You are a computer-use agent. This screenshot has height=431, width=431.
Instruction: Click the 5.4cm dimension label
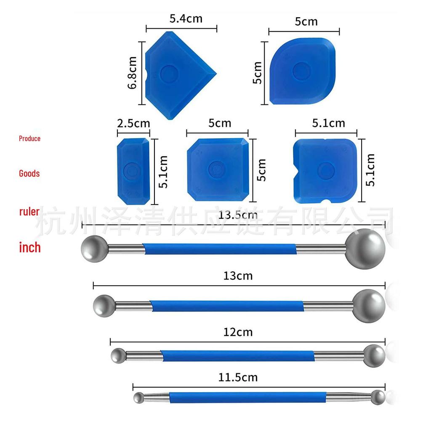(x=186, y=19)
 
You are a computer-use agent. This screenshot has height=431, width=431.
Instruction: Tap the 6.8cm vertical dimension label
(x=132, y=72)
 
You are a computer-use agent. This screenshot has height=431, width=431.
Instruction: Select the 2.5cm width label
(x=133, y=123)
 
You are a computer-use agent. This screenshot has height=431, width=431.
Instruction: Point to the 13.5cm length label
(x=238, y=215)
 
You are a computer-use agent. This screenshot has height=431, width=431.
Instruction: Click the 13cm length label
(x=238, y=276)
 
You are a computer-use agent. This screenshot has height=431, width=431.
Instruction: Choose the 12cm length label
(x=238, y=332)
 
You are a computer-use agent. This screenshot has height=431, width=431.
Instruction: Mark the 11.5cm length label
(x=238, y=377)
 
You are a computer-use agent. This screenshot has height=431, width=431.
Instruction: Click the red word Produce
(x=29, y=138)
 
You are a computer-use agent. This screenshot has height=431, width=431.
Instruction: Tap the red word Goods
(x=29, y=173)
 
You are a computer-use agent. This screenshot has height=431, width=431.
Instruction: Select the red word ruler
(x=29, y=211)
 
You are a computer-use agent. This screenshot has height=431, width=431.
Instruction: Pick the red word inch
(x=30, y=247)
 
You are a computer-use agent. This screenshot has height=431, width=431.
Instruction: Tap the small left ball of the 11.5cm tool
(x=139, y=397)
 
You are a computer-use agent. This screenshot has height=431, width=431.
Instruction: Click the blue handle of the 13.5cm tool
(x=219, y=249)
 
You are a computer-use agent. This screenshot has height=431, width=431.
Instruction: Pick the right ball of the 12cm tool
(x=374, y=355)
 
